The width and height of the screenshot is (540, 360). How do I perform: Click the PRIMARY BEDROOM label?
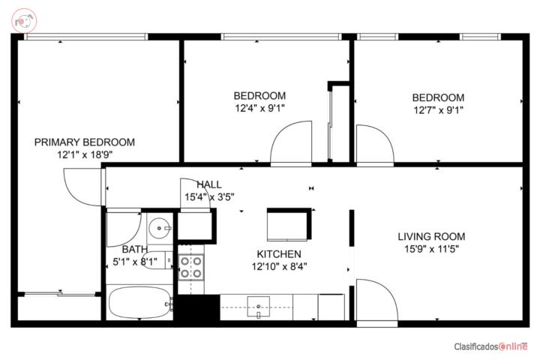tap(85, 142)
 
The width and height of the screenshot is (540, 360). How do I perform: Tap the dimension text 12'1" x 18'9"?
tap(85, 154)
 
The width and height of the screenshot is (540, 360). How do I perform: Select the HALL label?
tap(209, 184)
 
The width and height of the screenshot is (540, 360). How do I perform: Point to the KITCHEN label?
tap(279, 254)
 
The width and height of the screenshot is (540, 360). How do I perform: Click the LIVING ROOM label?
tap(431, 237)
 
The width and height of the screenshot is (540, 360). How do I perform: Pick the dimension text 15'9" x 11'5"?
tap(431, 249)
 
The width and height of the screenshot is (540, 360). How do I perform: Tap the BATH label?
tap(135, 249)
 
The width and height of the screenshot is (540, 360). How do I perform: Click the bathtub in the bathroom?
tap(139, 303)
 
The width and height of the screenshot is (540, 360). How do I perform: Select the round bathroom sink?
tap(159, 228)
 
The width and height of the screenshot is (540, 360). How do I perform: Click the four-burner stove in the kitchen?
tap(191, 267)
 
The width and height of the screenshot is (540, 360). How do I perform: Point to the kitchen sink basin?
tap(258, 306)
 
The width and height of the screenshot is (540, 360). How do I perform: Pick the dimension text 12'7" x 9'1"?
tap(439, 110)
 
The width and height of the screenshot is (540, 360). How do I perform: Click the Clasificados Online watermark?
tap(490, 346)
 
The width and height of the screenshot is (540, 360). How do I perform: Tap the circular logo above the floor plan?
tap(24, 21)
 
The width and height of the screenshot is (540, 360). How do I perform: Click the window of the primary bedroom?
tap(86, 37)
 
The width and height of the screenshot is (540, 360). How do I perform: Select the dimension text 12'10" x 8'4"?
tap(279, 267)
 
